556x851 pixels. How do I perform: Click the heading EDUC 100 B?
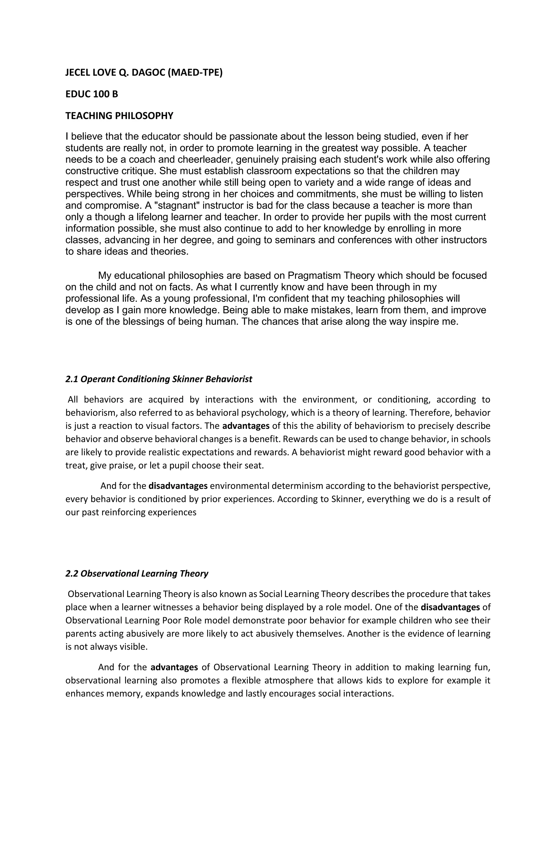(x=91, y=94)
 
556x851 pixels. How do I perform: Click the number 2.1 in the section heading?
(x=71, y=379)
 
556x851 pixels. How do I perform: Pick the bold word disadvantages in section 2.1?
(x=178, y=486)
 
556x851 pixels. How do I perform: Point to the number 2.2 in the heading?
(x=71, y=574)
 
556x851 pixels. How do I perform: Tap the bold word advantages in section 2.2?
(x=174, y=667)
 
